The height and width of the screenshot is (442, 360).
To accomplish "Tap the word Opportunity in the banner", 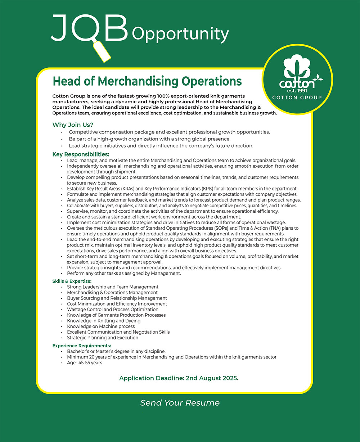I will pyautogui.click(x=180, y=34).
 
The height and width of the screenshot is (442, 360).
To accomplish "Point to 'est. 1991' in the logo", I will pyautogui.click(x=297, y=90).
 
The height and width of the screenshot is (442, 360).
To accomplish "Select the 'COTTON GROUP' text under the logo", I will pyautogui.click(x=297, y=98).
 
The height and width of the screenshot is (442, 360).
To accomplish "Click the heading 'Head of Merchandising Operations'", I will pyautogui.click(x=147, y=81).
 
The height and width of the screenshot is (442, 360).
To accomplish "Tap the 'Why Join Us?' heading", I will pyautogui.click(x=73, y=125).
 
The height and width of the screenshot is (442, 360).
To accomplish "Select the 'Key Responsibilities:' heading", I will pyautogui.click(x=81, y=154).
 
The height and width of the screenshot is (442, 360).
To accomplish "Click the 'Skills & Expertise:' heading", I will pyautogui.click(x=72, y=281).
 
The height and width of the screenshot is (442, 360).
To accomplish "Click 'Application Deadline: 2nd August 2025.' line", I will pyautogui.click(x=179, y=378).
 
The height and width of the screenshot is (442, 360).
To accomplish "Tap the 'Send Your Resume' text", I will pyautogui.click(x=180, y=403).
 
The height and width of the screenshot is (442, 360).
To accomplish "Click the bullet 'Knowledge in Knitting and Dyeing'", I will pyautogui.click(x=104, y=321).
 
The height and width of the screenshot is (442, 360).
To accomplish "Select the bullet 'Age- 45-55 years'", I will pyautogui.click(x=84, y=363).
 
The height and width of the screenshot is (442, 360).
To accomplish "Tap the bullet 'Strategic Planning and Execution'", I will pyautogui.click(x=103, y=338).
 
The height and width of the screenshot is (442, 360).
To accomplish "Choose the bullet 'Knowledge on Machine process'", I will pyautogui.click(x=101, y=326).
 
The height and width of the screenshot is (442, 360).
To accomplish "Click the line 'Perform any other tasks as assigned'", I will pyautogui.click(x=124, y=273).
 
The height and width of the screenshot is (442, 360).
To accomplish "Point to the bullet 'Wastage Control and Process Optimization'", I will pyautogui.click(x=113, y=310).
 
